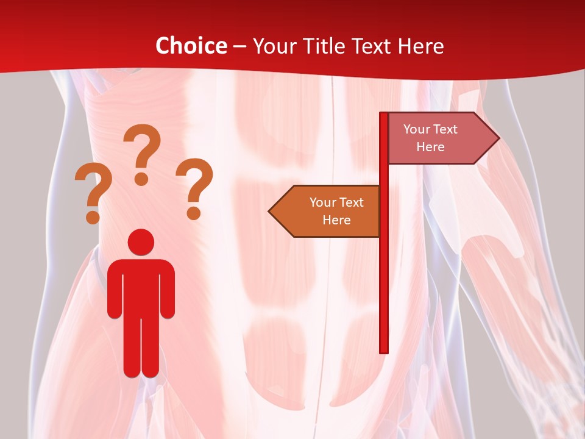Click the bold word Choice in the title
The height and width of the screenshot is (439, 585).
click(x=191, y=46)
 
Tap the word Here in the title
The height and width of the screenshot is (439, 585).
click(x=420, y=46)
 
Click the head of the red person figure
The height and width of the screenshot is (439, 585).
click(x=141, y=241)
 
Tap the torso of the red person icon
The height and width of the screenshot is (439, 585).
click(x=141, y=287)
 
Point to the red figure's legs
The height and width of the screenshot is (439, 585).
click(x=141, y=348)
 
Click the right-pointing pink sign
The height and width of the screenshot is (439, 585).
click(x=439, y=138)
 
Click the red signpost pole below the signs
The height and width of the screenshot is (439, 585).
click(x=384, y=293)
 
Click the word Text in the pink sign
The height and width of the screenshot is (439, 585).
click(x=445, y=129)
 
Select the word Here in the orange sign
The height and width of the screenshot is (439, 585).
click(x=336, y=220)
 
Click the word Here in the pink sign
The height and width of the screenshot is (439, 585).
click(x=430, y=147)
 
